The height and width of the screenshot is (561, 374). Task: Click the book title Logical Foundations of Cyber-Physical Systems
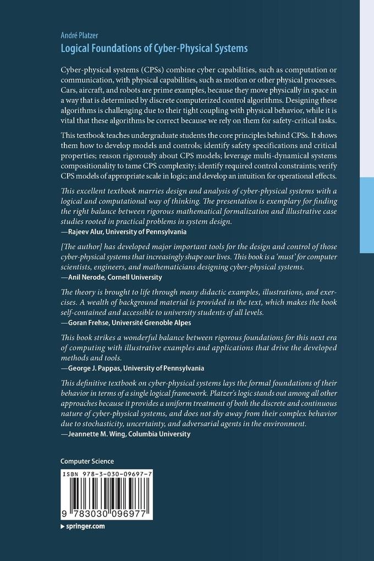(x=154, y=48)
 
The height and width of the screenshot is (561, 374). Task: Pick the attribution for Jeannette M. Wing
(x=125, y=433)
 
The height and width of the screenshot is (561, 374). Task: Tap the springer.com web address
(x=85, y=526)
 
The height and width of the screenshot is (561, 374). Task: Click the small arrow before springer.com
(x=63, y=526)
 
